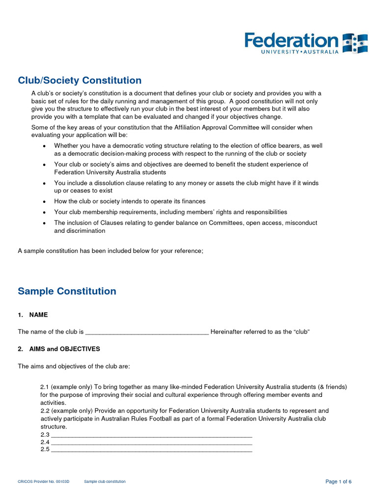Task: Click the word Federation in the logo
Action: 292,40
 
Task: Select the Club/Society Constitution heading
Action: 80,81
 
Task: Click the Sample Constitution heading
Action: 67,291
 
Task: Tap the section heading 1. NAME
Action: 33,315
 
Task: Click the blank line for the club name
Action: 147,332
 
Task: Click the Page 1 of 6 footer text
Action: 338,482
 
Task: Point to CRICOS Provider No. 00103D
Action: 44,482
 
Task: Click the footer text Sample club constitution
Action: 105,482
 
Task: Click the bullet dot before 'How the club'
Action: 45,202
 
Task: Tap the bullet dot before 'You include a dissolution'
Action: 45,183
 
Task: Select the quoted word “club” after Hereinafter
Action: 301,332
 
